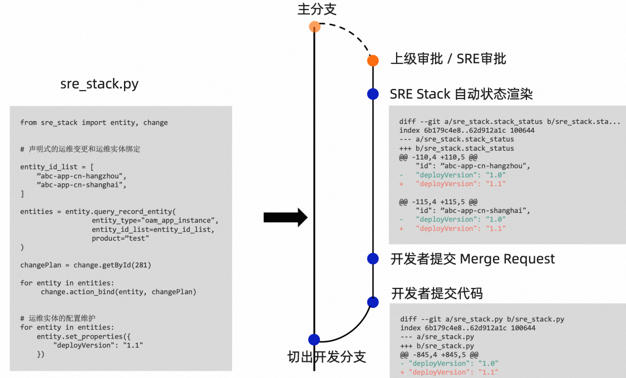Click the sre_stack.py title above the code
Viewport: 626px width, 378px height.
100,84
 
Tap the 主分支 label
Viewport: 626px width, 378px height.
317,9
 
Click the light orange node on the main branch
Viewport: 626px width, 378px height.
314,27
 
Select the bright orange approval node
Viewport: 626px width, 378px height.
373,61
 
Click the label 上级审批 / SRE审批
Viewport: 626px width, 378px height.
448,59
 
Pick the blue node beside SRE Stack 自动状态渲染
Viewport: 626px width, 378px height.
373,94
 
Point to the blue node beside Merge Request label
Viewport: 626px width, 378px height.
373,259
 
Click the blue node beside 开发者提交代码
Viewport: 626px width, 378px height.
373,302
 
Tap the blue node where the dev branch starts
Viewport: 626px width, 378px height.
314,340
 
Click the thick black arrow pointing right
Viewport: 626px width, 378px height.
285,217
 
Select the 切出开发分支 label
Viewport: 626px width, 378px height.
327,357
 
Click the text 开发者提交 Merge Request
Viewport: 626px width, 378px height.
472,259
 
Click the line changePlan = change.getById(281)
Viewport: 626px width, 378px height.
86,265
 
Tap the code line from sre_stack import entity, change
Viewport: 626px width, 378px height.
94,122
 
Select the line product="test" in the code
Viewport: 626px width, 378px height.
120,238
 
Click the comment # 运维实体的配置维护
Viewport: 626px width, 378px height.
58,318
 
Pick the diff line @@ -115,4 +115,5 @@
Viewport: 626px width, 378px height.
438,202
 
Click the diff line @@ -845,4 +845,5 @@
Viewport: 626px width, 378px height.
439,355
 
